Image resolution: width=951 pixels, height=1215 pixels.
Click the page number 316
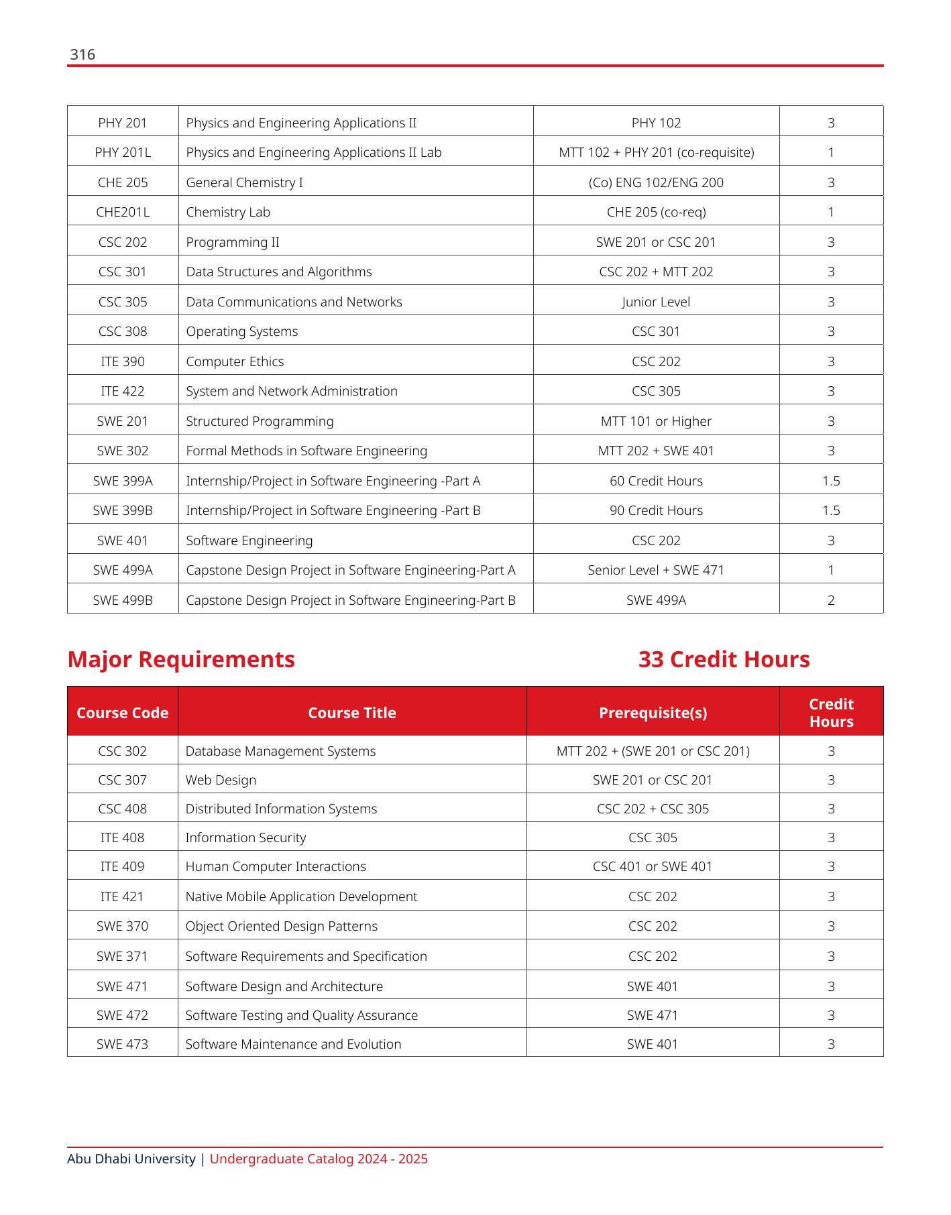[x=82, y=55]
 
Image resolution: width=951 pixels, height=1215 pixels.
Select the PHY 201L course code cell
[x=123, y=153]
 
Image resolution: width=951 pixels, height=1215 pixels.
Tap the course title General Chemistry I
[x=244, y=182]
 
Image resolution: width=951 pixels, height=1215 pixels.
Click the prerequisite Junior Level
[x=656, y=302]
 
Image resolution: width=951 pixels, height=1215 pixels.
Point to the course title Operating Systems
[x=241, y=332]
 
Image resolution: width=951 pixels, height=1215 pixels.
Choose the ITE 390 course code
[x=123, y=361]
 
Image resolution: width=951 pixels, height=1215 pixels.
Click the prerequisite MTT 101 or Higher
[x=656, y=421]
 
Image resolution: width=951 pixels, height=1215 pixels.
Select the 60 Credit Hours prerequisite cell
[x=656, y=481]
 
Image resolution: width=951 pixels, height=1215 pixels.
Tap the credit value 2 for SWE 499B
[x=831, y=600]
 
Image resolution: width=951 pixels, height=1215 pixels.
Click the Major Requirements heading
[x=181, y=660]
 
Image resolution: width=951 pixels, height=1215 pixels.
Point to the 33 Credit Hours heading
[x=724, y=660]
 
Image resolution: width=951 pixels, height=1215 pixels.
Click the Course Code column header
[x=123, y=713]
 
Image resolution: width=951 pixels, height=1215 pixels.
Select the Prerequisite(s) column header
[x=653, y=713]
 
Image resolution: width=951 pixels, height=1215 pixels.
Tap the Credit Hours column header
[x=831, y=713]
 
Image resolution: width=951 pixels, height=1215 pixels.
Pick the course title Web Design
[x=221, y=780]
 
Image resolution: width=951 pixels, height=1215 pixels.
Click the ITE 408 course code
[x=122, y=837]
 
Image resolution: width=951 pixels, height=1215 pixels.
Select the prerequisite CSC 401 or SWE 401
[x=653, y=866]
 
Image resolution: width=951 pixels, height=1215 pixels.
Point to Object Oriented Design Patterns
[x=281, y=926]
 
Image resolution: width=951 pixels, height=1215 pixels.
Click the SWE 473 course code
[x=122, y=1044]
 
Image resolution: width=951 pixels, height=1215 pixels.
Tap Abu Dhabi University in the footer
[x=131, y=1159]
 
